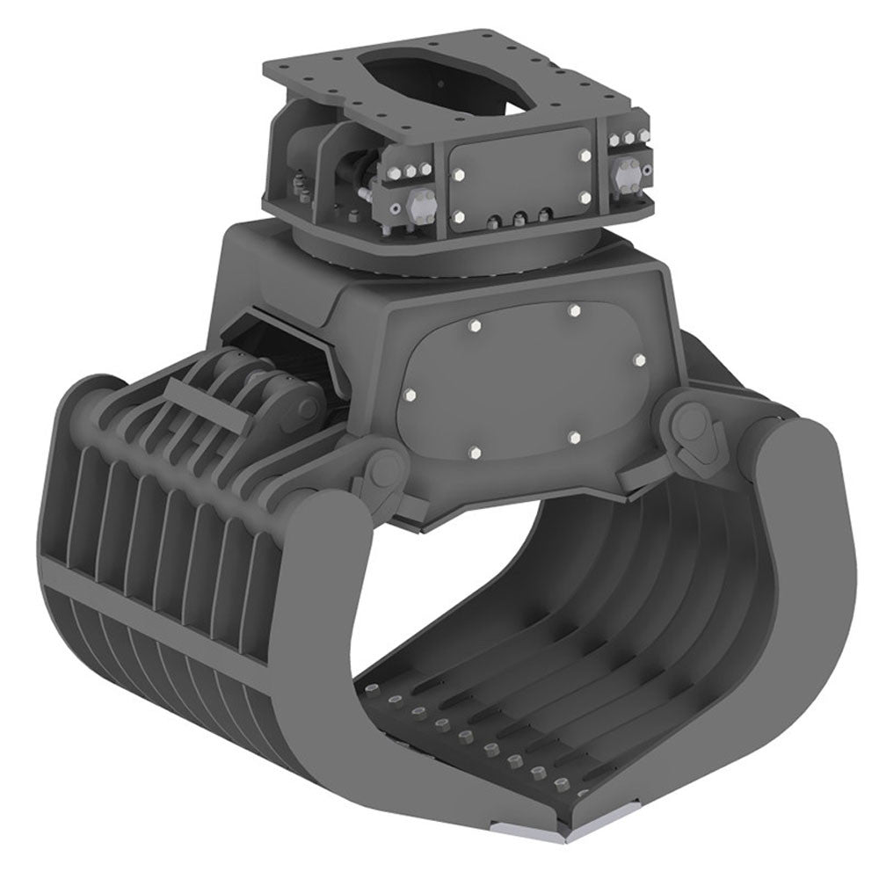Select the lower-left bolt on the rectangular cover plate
[458, 214]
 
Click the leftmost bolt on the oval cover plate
[410, 396]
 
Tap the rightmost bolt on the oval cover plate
[638, 360]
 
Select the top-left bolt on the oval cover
[475, 327]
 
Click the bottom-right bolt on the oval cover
[572, 437]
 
